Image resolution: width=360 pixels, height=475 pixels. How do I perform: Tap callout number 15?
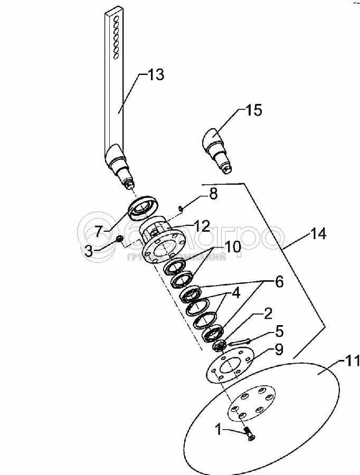click(253, 111)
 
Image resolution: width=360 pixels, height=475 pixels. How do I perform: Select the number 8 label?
click(213, 194)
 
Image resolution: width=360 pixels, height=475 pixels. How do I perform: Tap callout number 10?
click(233, 246)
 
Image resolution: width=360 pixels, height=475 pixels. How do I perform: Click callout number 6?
click(278, 282)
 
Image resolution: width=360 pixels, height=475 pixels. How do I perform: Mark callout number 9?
click(279, 349)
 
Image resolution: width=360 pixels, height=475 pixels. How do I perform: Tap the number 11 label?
click(351, 363)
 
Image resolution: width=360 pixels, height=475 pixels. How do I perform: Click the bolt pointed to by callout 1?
click(249, 434)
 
